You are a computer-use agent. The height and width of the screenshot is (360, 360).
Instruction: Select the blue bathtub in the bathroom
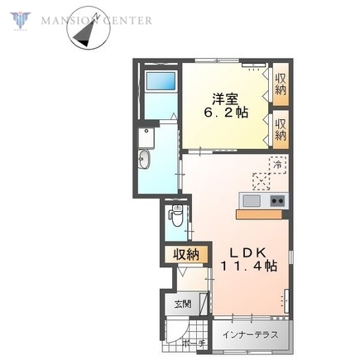pos(160,83)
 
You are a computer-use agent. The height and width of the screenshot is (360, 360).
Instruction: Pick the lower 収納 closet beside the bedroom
pos(281,129)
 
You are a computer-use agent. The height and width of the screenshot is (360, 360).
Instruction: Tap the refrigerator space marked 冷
pos(278,166)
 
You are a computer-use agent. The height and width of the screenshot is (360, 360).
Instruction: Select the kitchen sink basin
pos(250,201)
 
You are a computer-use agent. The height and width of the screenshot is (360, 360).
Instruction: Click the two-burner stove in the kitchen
pos(276,201)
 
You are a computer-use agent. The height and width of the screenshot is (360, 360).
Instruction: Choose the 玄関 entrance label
pos(182,305)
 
